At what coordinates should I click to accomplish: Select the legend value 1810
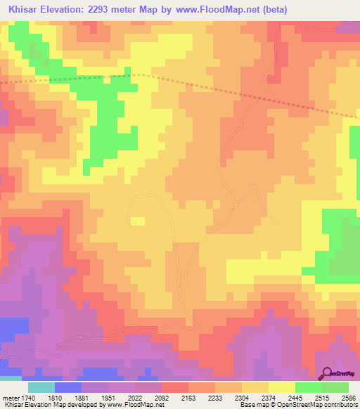point(67,397)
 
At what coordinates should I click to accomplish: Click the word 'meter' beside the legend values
point(10,397)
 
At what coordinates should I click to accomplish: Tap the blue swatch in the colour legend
point(67,387)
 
